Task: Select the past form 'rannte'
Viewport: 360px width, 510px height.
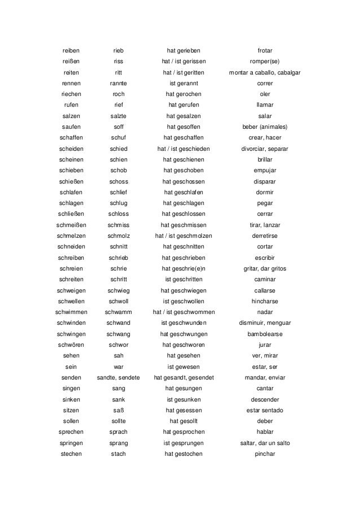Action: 118,83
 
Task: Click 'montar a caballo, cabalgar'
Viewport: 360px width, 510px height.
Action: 265,72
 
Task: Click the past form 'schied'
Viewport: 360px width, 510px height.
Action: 118,148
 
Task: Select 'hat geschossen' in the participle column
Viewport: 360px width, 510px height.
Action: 183,181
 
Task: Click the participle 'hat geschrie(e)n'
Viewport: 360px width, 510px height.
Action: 183,268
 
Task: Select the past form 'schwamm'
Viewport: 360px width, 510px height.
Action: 118,312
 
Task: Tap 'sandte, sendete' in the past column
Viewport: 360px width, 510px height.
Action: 118,377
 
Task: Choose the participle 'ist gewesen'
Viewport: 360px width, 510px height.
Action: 183,367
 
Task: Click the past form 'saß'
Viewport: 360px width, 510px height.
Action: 118,410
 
